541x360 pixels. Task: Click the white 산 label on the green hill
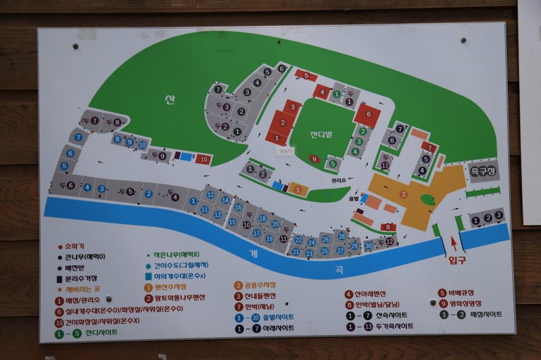click(x=169, y=100)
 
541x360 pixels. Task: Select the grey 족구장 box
click(x=483, y=171)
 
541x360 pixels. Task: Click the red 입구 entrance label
click(x=458, y=259)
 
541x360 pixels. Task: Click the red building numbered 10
click(x=204, y=160)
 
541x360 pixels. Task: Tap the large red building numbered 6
click(x=368, y=115)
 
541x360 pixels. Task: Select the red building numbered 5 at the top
click(x=306, y=75)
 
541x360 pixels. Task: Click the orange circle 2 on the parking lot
click(x=404, y=194)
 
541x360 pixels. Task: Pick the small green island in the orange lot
click(x=427, y=200)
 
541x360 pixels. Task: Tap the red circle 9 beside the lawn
click(x=313, y=159)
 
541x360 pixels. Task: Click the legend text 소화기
click(x=73, y=246)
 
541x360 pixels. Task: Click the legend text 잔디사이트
click(x=101, y=332)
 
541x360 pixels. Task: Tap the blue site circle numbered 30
click(x=368, y=245)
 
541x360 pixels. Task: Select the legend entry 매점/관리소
click(x=84, y=300)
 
